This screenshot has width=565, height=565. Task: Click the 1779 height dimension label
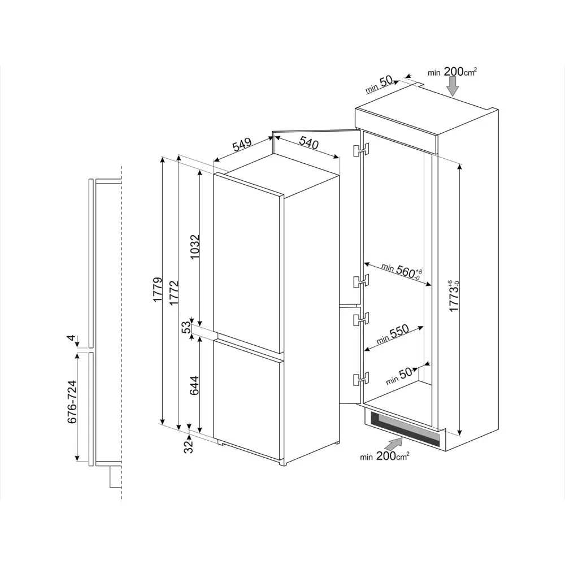[158, 289]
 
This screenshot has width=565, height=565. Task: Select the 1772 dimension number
[174, 293]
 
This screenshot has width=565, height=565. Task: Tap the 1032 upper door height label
[194, 247]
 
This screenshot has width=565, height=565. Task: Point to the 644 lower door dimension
[194, 385]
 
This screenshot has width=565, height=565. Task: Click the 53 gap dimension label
[186, 327]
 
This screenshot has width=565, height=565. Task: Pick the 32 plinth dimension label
[189, 447]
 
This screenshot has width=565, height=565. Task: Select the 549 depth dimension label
[242, 145]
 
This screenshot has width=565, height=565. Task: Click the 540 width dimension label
[309, 144]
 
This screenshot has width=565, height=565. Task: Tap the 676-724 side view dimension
[72, 402]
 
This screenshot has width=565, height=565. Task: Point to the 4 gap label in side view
[72, 338]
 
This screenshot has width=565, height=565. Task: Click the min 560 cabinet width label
[401, 271]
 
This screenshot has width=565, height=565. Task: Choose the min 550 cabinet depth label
[393, 334]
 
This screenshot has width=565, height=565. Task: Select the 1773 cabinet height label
[454, 295]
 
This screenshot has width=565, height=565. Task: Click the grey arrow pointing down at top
[453, 86]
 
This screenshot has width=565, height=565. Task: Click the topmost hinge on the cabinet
[361, 150]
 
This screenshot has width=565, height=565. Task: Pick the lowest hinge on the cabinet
[361, 379]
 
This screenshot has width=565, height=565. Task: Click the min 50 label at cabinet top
[379, 85]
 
